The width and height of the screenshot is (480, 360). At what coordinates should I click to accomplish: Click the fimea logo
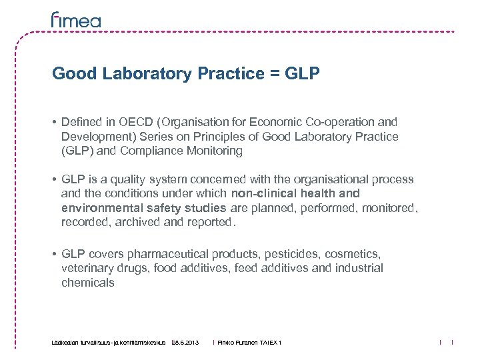76,20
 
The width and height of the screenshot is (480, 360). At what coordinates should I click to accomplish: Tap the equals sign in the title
274,74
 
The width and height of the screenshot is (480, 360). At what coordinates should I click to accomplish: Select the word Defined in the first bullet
80,122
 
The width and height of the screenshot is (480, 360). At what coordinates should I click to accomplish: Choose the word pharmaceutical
169,253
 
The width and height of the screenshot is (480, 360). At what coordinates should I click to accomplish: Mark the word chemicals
87,283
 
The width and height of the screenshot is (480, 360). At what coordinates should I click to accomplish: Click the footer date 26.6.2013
185,343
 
